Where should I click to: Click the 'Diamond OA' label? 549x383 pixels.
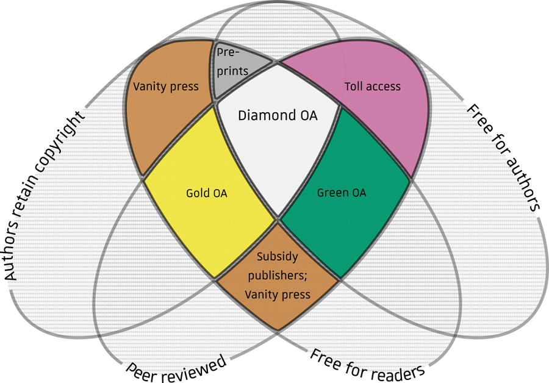[278, 115]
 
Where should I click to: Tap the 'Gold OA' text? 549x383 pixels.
[207, 193]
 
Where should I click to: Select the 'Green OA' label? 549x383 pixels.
[342, 193]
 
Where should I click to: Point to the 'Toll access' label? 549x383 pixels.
[373, 87]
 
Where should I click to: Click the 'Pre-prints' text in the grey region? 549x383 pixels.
[232, 62]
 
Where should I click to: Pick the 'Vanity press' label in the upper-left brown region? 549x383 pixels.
[165, 87]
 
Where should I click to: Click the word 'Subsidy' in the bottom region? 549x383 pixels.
[278, 257]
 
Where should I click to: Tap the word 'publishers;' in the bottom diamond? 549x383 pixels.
[278, 276]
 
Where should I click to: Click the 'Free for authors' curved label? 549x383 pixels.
[501, 157]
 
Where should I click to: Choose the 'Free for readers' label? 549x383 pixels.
[367, 366]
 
